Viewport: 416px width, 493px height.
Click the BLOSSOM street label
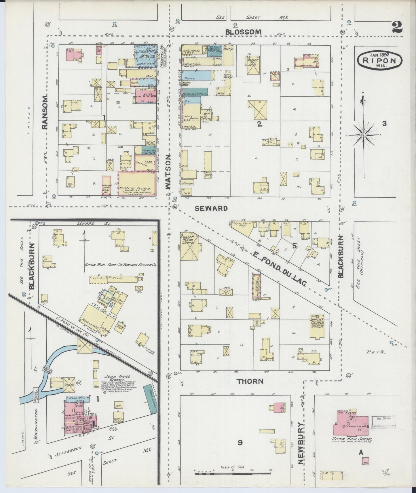pyautogui.click(x=243, y=32)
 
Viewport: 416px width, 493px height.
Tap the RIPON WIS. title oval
pyautogui.click(x=380, y=60)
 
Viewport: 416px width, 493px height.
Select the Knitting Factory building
pyautogui.click(x=136, y=184)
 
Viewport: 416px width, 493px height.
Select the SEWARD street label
pyautogui.click(x=211, y=208)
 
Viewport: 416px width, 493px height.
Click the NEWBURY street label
pyautogui.click(x=301, y=443)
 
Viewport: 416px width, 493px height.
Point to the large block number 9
pyautogui.click(x=240, y=443)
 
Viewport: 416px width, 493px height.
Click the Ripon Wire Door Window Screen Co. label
pyautogui.click(x=120, y=265)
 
